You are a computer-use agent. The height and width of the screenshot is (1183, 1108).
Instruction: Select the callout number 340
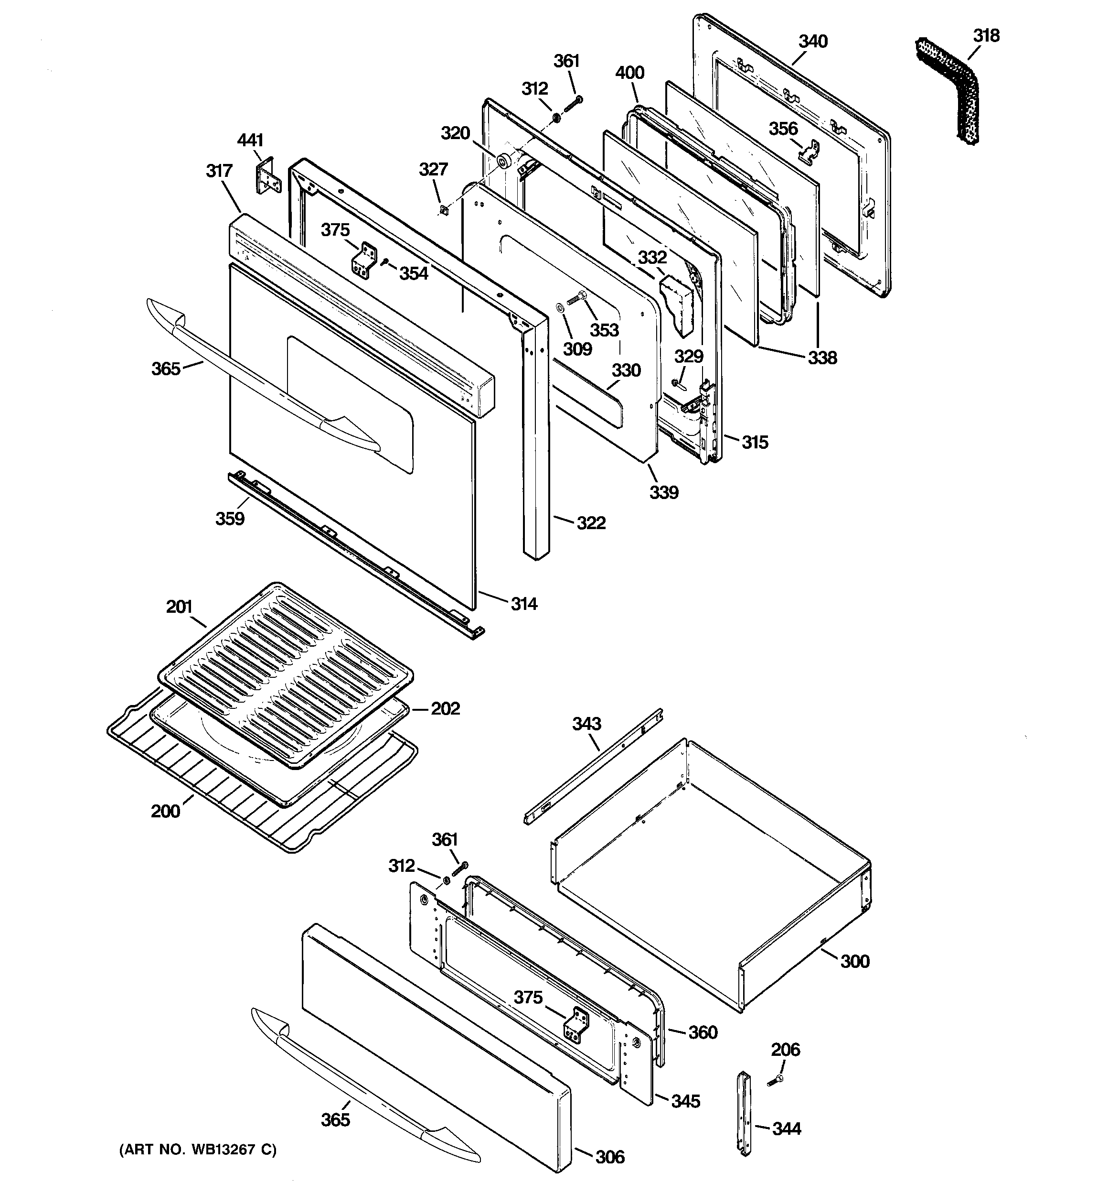812,42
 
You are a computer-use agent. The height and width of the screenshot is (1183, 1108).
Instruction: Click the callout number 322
591,523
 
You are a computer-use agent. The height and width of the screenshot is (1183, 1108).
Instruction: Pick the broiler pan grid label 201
179,607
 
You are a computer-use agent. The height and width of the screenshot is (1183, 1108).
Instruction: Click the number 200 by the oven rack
165,811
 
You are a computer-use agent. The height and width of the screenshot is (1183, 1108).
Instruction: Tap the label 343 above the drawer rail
586,724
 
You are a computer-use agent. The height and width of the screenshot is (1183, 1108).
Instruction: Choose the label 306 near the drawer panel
609,1157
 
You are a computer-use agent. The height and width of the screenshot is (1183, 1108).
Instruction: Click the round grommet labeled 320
505,161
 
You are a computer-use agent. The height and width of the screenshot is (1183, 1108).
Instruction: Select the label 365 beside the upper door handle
165,369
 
